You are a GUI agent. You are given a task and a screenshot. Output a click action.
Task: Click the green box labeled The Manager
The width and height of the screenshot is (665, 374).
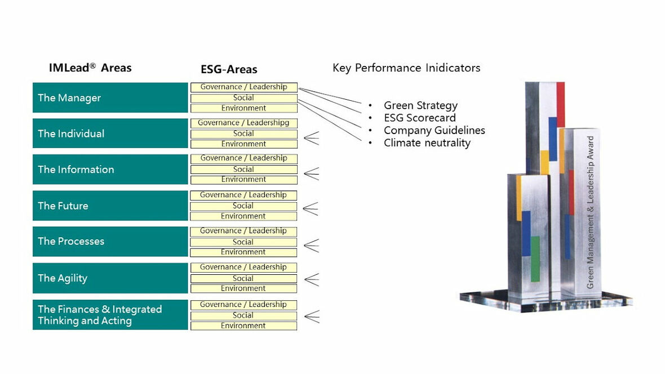click(110, 97)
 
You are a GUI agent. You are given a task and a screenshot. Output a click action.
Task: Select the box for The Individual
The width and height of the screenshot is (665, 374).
click(110, 133)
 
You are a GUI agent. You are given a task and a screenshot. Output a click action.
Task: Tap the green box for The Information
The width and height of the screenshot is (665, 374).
click(110, 170)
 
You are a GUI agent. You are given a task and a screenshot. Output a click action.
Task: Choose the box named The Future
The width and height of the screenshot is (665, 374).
click(110, 206)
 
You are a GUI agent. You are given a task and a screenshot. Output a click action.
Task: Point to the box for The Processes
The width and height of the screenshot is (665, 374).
click(110, 242)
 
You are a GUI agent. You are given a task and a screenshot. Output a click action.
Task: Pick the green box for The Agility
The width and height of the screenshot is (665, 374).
click(110, 278)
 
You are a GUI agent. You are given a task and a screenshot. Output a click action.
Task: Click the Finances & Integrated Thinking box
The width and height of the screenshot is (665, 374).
click(110, 315)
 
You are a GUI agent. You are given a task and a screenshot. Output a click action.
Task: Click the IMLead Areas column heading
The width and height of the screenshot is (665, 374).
click(90, 68)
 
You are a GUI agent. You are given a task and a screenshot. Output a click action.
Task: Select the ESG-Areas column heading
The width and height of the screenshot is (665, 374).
click(229, 69)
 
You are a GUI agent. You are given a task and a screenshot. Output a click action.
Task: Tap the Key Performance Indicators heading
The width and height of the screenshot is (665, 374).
click(406, 68)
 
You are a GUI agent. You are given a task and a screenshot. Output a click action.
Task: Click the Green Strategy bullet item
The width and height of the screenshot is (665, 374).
click(420, 105)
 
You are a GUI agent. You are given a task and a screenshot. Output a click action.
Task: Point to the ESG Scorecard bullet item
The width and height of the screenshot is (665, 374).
click(419, 118)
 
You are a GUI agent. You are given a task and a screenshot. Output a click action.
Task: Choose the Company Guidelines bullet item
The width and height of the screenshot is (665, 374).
click(434, 130)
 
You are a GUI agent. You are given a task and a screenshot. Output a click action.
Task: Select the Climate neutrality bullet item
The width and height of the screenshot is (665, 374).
click(427, 143)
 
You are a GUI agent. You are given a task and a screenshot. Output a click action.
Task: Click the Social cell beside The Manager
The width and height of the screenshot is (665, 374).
click(243, 98)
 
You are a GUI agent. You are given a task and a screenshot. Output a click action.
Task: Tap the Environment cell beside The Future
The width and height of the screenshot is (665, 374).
click(243, 216)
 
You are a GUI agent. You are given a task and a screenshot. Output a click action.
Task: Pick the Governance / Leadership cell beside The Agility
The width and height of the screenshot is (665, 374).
click(243, 268)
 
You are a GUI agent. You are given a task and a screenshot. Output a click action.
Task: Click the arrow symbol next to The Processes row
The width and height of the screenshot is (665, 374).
click(311, 246)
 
